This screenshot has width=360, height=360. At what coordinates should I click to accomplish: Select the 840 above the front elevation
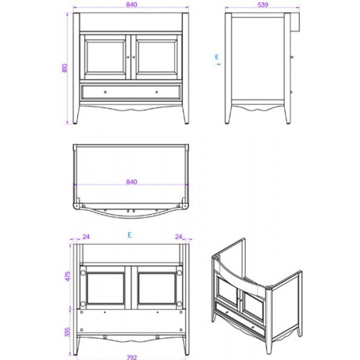129,5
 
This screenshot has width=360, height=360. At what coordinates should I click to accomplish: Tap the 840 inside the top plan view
130,182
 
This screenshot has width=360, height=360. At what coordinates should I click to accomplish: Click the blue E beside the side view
217,58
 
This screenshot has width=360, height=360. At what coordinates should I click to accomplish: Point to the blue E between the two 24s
129,236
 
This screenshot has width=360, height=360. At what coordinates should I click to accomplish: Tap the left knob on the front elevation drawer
104,92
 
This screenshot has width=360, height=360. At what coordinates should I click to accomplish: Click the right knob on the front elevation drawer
156,92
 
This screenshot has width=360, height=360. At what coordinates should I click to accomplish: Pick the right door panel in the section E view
155,287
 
